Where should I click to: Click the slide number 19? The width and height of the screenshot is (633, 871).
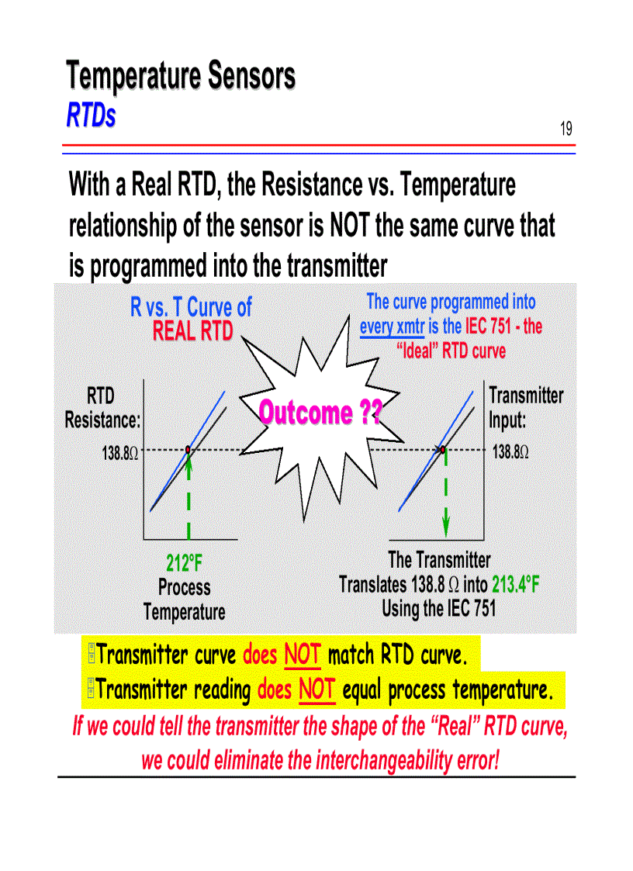[566, 129]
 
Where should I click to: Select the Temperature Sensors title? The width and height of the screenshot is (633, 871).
[180, 77]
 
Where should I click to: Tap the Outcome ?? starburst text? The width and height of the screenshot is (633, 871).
[320, 413]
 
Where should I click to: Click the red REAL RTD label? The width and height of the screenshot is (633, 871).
[192, 331]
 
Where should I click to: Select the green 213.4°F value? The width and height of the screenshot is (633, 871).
[515, 584]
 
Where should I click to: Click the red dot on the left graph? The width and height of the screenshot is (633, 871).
[189, 449]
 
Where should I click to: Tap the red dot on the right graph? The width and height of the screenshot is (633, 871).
[442, 449]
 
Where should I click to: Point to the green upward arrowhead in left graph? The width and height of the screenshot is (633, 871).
[189, 461]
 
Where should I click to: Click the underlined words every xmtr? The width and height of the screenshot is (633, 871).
[392, 327]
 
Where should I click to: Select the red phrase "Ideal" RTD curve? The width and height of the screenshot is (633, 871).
[451, 351]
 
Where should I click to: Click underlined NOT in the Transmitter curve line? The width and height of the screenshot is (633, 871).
[303, 657]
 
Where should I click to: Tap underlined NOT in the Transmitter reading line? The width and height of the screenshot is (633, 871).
[316, 690]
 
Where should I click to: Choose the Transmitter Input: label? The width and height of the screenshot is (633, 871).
[525, 407]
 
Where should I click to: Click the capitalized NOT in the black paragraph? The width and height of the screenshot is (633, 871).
[349, 226]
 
